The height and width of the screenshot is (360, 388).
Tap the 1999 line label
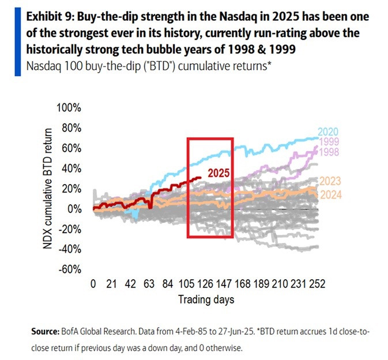tap(329, 142)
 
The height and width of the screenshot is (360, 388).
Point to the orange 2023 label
tap(329, 181)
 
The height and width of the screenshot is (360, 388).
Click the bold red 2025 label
tap(219, 172)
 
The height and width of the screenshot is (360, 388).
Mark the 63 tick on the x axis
tap(149, 284)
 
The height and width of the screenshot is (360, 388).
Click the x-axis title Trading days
tap(206, 299)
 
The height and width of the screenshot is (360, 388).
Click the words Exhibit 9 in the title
tap(48, 16)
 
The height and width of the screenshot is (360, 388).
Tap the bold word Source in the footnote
tap(44, 333)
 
